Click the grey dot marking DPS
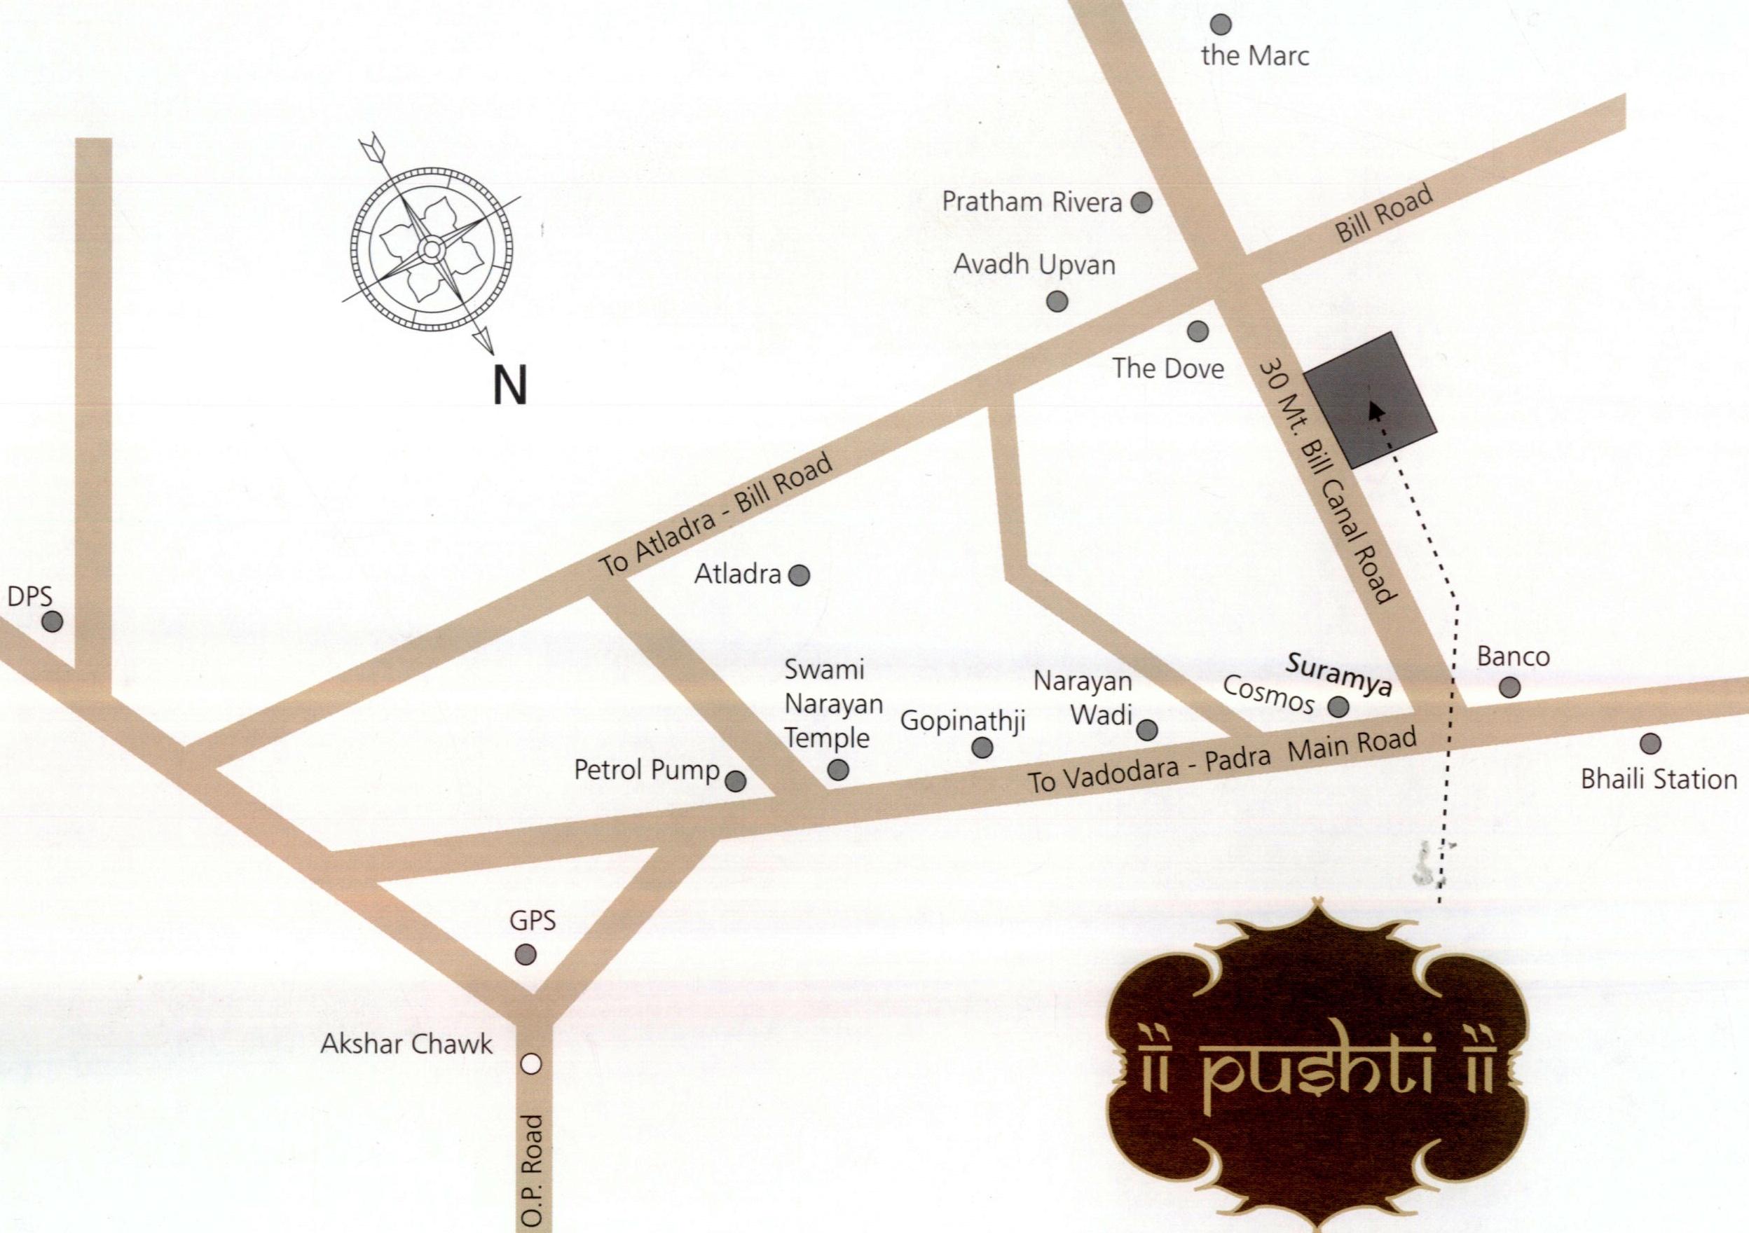[x=52, y=622]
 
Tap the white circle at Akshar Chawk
[x=532, y=1065]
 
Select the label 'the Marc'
[x=1254, y=55]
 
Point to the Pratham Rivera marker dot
[x=1141, y=202]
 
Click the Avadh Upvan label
[x=1034, y=265]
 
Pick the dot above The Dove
[x=1198, y=331]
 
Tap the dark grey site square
[x=1371, y=400]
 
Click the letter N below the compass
[x=509, y=385]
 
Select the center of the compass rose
[x=431, y=248]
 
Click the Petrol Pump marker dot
[x=735, y=780]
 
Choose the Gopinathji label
[x=963, y=720]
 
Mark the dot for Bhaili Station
[x=1650, y=743]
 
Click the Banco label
[x=1513, y=656]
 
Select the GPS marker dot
[x=526, y=954]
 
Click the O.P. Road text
[x=534, y=1173]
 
